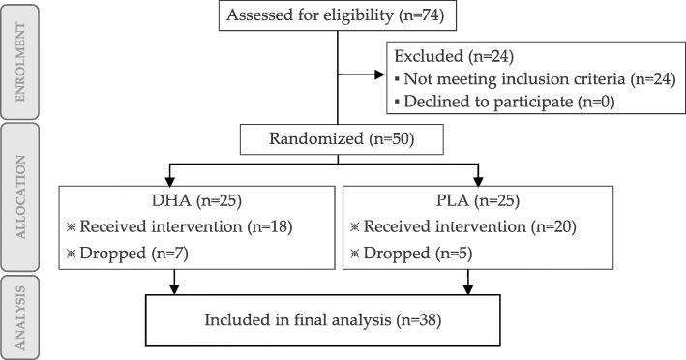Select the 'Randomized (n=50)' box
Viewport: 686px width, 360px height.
point(342,139)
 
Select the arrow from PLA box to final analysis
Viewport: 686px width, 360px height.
point(470,281)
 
